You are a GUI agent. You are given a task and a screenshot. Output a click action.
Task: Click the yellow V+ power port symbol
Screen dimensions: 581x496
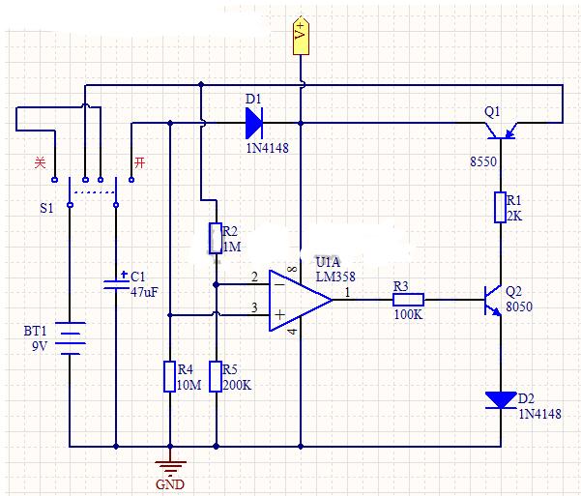[x=301, y=36]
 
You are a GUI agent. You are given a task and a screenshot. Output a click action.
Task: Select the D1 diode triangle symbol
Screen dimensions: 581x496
[x=254, y=123]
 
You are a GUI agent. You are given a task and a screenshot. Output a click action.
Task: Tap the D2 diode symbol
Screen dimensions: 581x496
[x=501, y=400]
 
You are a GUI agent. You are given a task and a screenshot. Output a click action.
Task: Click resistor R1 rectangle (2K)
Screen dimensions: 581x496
[x=500, y=207]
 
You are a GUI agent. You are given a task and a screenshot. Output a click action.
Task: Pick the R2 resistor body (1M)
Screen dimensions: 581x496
[x=216, y=239]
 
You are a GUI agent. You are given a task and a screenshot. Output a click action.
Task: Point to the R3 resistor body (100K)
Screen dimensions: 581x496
[x=408, y=300]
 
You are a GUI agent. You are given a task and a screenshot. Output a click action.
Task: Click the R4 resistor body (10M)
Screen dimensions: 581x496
[x=170, y=377]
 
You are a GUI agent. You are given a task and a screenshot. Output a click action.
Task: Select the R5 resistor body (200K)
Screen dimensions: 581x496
[x=216, y=377]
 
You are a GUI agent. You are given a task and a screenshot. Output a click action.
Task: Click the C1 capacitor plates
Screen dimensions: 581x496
[x=116, y=284]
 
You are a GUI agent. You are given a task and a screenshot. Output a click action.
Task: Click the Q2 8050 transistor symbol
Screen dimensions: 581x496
[x=493, y=301]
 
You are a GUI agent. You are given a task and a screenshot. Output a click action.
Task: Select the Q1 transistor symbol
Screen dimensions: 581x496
[x=501, y=131]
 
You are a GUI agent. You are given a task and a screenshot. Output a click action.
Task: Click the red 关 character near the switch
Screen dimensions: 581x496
[x=40, y=162]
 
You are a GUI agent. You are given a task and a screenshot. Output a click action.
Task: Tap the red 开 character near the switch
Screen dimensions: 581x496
[x=140, y=162]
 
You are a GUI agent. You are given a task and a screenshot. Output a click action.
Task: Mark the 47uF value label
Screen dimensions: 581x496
[x=144, y=292]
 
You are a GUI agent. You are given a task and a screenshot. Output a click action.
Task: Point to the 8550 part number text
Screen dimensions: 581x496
[x=483, y=162]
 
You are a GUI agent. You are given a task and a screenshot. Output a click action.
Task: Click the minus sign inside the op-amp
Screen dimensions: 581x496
[x=280, y=284]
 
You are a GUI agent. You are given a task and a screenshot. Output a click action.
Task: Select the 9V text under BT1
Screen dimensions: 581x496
[x=40, y=346]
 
